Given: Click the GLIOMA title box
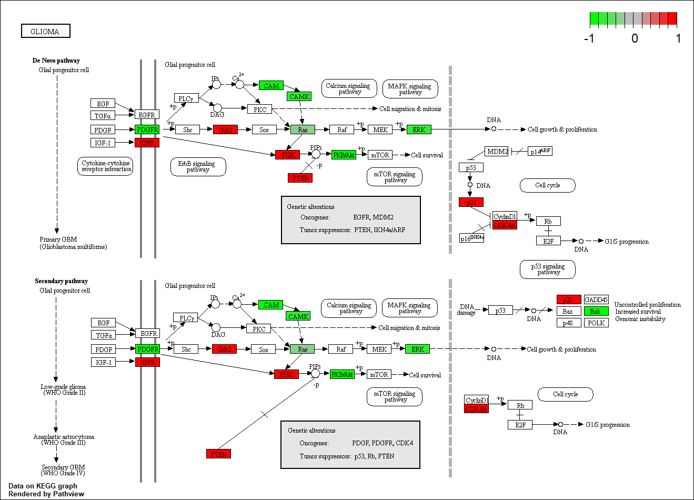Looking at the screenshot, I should tap(45, 31).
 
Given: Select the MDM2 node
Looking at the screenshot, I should tap(497, 151).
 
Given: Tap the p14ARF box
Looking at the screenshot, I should tap(540, 151).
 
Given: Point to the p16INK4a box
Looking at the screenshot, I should tap(471, 238).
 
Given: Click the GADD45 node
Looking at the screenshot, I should tap(596, 299).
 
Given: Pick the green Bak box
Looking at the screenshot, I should tap(596, 311).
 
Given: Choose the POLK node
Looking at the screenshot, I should tap(596, 323).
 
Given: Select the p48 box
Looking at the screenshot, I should tap(568, 323).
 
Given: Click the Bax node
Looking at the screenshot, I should tap(568, 311).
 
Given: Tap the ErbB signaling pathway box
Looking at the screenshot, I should tap(198, 166).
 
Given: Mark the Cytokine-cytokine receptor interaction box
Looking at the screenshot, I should tap(106, 166).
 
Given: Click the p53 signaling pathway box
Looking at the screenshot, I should tap(547, 269).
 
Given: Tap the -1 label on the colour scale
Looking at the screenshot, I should tap(589, 38).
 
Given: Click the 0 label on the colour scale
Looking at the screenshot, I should tap(635, 38).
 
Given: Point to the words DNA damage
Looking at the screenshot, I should tap(466, 309).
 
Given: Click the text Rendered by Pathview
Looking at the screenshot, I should tap(46, 494).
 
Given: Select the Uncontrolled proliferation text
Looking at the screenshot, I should tap(647, 305).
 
